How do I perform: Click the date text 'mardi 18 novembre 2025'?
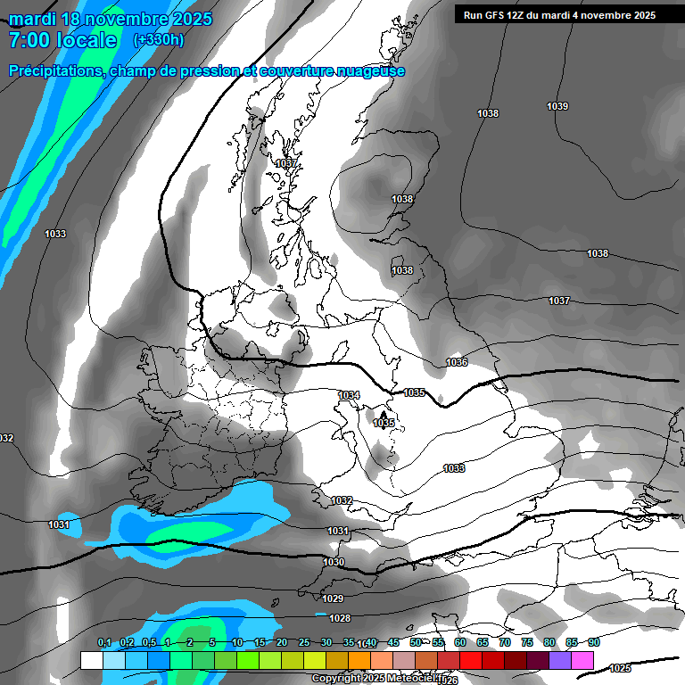(110, 19)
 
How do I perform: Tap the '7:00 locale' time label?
(62, 40)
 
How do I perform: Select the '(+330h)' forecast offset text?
(160, 40)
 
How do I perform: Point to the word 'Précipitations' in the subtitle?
(54, 71)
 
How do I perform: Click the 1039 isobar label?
(557, 106)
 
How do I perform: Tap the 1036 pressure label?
(457, 362)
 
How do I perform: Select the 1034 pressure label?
(349, 395)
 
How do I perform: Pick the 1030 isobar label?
(334, 563)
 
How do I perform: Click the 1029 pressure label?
(333, 598)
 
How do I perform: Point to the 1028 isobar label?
(340, 618)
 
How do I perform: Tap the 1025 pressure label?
(620, 668)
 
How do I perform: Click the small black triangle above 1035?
(383, 415)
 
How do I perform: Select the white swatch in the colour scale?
(91, 660)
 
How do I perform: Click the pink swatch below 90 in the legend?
(583, 660)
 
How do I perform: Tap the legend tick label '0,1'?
(104, 642)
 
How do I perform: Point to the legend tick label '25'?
(304, 642)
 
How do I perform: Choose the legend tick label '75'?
(527, 642)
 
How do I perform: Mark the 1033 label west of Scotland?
(55, 234)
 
